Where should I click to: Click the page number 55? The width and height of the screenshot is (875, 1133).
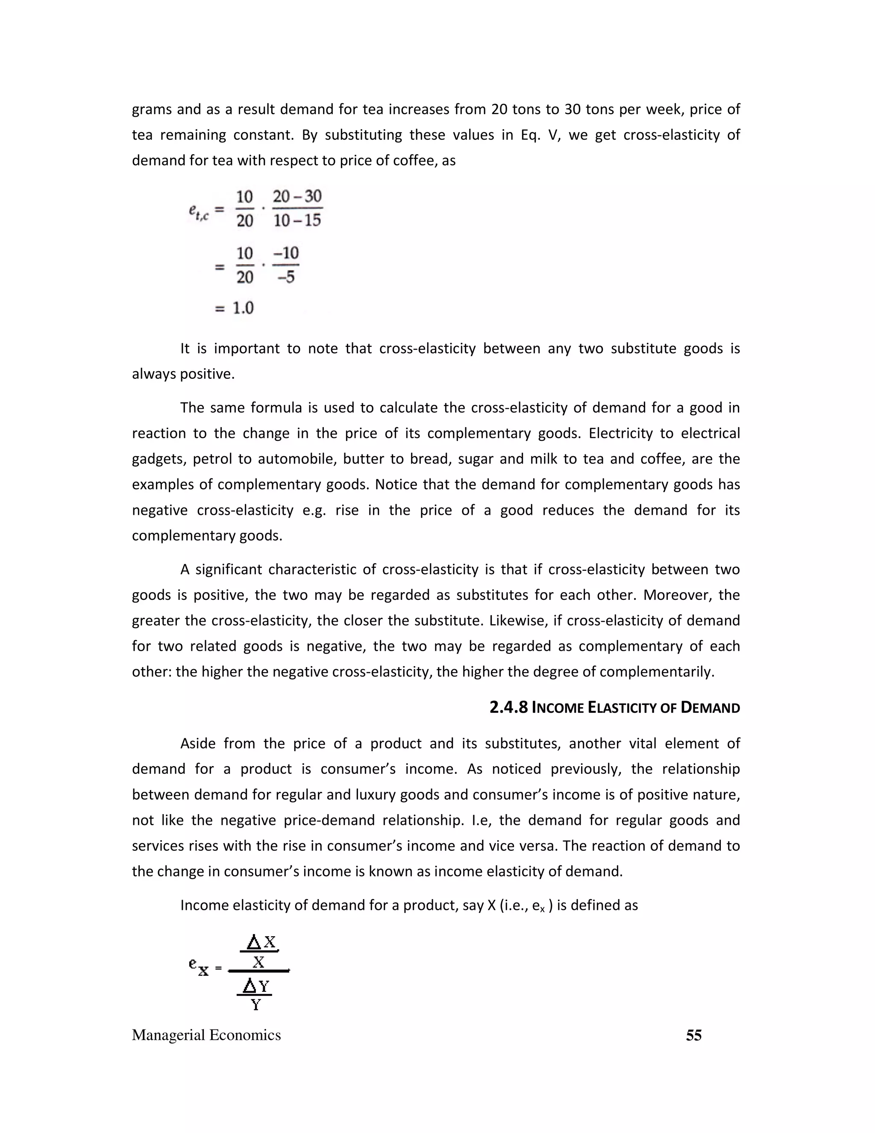tap(693, 1035)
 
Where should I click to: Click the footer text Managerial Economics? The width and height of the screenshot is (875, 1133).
tap(206, 1035)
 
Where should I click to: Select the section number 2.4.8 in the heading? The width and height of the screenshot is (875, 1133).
tap(508, 708)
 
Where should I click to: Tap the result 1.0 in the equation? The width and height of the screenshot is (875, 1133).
tap(243, 308)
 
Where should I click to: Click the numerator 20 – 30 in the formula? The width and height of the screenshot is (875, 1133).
tap(297, 197)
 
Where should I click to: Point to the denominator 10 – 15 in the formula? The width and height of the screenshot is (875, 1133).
tap(297, 221)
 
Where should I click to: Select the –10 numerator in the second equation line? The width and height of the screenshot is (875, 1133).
tap(286, 253)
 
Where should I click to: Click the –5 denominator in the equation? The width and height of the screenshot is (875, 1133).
tap(286, 277)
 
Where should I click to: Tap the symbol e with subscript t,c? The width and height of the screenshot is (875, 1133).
tap(199, 212)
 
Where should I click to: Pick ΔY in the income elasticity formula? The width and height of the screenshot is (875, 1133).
tap(255, 985)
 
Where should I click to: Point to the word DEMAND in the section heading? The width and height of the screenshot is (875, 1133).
tap(710, 708)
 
